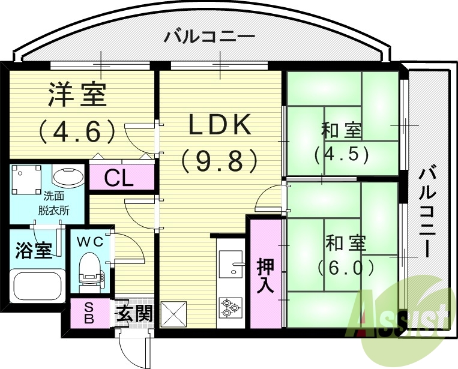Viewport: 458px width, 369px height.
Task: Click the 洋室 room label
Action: tap(77, 95)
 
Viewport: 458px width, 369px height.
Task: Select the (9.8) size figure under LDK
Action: tap(219, 160)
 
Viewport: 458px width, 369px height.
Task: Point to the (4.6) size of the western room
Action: tap(76, 130)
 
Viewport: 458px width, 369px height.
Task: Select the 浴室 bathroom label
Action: tap(33, 251)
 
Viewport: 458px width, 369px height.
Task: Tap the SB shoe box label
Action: tap(88, 313)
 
